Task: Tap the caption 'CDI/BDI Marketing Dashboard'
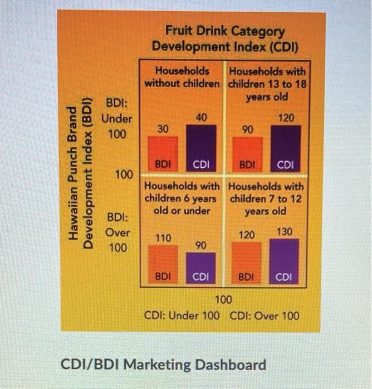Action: [163, 365]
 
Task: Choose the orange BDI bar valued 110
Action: [163, 263]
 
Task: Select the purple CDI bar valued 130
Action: [284, 261]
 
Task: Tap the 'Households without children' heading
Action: [182, 77]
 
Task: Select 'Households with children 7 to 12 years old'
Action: [266, 199]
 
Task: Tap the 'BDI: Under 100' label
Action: [117, 118]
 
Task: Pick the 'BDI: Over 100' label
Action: [118, 232]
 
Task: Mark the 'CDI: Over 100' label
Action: [265, 316]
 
